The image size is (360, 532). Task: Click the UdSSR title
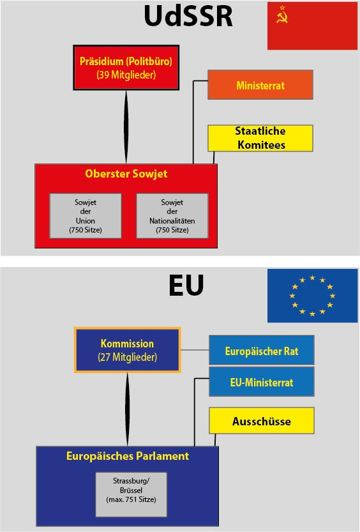click(x=188, y=15)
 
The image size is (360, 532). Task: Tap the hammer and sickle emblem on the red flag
click(x=281, y=15)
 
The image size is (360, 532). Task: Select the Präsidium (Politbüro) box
click(x=126, y=68)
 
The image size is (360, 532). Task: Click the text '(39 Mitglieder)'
click(x=126, y=75)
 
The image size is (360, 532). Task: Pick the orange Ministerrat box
click(x=260, y=85)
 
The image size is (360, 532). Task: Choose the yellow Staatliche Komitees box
click(x=260, y=138)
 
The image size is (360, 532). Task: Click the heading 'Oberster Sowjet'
click(x=126, y=174)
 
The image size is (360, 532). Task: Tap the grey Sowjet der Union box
click(x=86, y=216)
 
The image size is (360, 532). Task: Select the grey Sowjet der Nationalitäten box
click(x=172, y=216)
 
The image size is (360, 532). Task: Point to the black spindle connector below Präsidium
click(x=126, y=127)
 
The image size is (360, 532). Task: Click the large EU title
click(x=186, y=285)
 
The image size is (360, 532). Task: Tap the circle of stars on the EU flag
click(x=312, y=296)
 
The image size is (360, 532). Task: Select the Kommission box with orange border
click(x=128, y=350)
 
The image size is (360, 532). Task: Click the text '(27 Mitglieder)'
click(x=128, y=357)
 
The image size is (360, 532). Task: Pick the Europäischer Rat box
click(x=262, y=350)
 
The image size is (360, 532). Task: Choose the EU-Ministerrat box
click(x=262, y=382)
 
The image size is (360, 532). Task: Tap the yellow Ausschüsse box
click(x=262, y=421)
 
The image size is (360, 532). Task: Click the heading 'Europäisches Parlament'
click(x=128, y=455)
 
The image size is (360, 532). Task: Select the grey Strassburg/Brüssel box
click(x=131, y=494)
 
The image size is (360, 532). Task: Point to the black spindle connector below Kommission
click(x=128, y=409)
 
